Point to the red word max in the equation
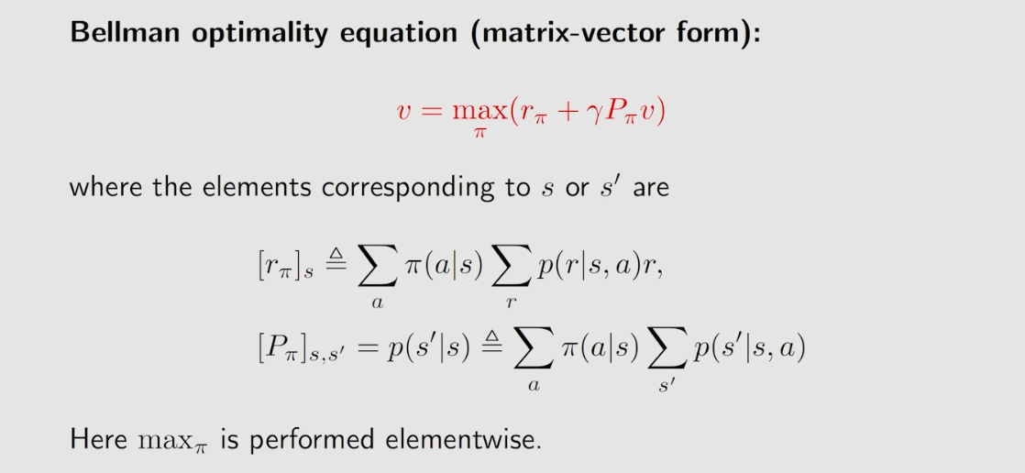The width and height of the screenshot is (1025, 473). point(479,111)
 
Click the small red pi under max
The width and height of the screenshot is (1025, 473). point(479,135)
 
